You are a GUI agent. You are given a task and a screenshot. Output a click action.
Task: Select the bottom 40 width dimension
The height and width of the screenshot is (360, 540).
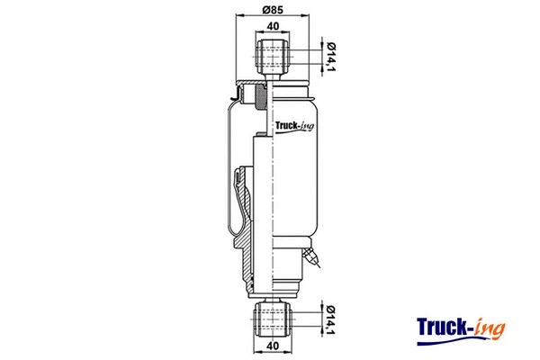pos(273,345)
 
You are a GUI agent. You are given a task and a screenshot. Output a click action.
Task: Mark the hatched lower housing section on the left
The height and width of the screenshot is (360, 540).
pos(243,261)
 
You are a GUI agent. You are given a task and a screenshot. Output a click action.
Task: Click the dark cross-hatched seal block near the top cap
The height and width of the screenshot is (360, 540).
pos(260,94)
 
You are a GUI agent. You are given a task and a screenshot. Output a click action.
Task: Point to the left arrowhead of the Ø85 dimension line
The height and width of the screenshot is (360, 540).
pos(237,18)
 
